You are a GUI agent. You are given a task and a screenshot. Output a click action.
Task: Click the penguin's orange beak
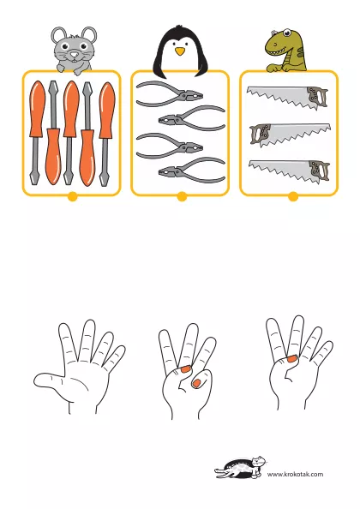(180, 51)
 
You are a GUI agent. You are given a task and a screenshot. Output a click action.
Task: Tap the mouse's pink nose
(75, 54)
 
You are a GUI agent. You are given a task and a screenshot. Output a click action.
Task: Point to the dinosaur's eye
(286, 33)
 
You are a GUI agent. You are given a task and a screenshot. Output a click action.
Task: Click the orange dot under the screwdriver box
(72, 197)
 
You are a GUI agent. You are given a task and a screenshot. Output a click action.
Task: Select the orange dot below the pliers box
(182, 197)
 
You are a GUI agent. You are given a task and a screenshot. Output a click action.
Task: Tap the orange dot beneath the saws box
(293, 197)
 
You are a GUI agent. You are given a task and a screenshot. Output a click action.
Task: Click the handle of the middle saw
(261, 134)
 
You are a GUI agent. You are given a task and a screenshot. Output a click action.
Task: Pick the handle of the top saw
(317, 97)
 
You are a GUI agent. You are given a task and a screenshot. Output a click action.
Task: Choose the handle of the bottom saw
(319, 171)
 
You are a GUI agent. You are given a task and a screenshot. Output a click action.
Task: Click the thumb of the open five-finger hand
(49, 380)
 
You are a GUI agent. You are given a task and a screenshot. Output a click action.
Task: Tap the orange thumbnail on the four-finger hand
(292, 359)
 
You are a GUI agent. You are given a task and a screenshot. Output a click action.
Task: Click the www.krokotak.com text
(295, 474)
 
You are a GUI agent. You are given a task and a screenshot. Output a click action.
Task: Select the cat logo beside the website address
(240, 468)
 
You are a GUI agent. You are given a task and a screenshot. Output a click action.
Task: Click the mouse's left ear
(58, 35)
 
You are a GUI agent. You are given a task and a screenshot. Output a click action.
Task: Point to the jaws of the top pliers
(192, 97)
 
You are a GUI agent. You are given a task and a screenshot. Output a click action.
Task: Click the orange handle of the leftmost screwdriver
(37, 109)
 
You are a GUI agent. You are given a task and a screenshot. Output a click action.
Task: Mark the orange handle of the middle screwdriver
(71, 109)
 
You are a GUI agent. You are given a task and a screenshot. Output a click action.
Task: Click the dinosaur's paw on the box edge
(274, 69)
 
